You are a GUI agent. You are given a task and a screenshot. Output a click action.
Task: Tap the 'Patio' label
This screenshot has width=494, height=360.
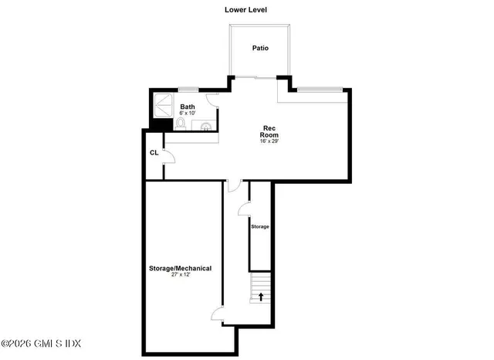coord(260,49)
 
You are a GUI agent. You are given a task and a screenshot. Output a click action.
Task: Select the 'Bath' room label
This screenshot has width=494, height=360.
coord(188,107)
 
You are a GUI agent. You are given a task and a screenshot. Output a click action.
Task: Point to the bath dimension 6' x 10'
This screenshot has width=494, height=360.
coord(188,114)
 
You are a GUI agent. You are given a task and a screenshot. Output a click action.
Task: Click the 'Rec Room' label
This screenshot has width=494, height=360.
coord(269,131)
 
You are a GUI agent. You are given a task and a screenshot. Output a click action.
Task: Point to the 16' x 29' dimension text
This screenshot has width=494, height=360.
coord(269,141)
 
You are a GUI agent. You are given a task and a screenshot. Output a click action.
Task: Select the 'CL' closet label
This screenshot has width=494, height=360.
coord(154,152)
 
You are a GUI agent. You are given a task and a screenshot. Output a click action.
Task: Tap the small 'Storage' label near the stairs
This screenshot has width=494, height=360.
coord(260,226)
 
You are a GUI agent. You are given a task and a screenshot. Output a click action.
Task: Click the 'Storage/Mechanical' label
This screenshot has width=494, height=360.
coord(180,268)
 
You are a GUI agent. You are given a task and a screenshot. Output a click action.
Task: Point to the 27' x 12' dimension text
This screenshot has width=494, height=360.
coord(180,276)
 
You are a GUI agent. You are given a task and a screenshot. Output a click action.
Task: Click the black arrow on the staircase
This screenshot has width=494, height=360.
coord(261,295)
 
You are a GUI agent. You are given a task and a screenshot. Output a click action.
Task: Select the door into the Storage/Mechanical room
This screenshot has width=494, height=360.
coord(218,313)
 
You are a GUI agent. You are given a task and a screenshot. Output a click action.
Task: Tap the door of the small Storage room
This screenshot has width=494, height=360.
coord(243,208)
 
